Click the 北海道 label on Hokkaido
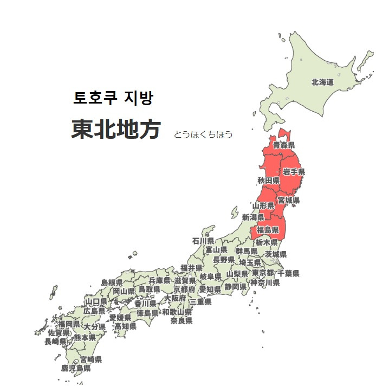322,82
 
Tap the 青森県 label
284,145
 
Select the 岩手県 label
294,172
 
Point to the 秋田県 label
268,181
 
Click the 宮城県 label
289,201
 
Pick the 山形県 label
263,206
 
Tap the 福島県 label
268,230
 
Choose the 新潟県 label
253,217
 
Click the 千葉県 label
288,273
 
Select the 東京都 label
263,273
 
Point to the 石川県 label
203,241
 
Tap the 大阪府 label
176,298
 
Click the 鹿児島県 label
76,368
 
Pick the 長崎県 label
55,342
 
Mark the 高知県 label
125,326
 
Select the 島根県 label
112,282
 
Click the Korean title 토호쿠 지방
113,98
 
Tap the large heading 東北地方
115,130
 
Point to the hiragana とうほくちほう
203,134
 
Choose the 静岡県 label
236,286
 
